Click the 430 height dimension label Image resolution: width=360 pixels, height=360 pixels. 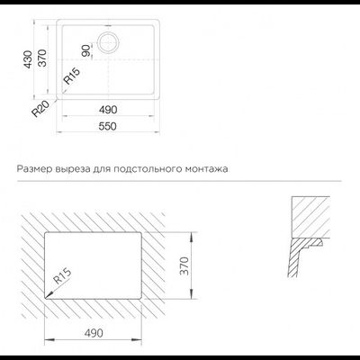[x=28, y=59]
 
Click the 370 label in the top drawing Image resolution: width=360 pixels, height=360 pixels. [x=42, y=58]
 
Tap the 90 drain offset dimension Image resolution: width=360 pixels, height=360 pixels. [x=86, y=50]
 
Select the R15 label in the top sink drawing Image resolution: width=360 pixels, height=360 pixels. [x=72, y=76]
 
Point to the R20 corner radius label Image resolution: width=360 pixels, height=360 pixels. [x=40, y=109]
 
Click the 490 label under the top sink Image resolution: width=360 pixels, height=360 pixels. [x=108, y=110]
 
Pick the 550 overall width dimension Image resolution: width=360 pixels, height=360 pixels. [x=107, y=126]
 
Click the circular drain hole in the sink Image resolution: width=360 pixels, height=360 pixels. [x=109, y=43]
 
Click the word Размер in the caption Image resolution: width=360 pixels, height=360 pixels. [x=34, y=169]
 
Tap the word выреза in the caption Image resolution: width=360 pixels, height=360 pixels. [x=73, y=169]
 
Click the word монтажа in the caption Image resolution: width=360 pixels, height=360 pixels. [x=206, y=169]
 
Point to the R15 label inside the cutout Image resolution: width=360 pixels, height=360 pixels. [x=63, y=276]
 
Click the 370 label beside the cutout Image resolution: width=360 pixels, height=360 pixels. [x=184, y=265]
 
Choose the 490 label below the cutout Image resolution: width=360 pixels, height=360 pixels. [x=94, y=333]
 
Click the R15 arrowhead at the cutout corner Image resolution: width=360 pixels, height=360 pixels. [x=48, y=296]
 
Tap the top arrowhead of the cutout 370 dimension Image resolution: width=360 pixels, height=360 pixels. [x=192, y=236]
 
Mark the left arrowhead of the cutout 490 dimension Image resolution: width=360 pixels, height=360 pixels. [x=49, y=339]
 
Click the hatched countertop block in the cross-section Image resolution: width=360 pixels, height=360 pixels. [x=310, y=217]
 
